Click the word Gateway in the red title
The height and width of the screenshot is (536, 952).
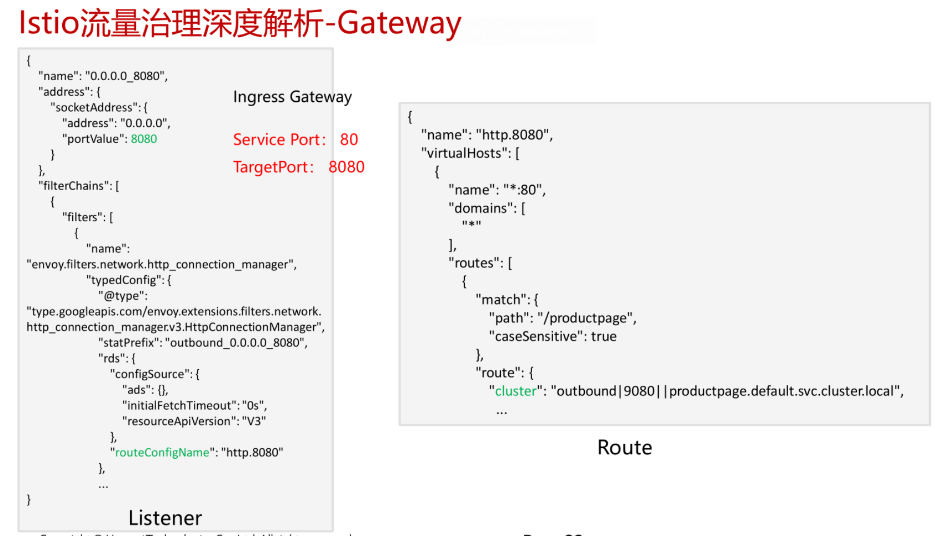399,23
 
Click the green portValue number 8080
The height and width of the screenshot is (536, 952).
144,139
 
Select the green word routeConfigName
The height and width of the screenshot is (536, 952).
162,453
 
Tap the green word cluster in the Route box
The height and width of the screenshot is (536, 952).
515,391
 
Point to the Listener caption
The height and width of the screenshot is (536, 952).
165,518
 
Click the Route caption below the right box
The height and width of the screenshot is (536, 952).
624,448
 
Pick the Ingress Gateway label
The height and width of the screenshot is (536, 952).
292,97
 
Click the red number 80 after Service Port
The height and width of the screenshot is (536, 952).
349,140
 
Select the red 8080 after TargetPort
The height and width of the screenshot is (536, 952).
346,167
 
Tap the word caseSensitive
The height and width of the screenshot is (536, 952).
535,336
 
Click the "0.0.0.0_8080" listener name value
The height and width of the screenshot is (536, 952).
125,76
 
